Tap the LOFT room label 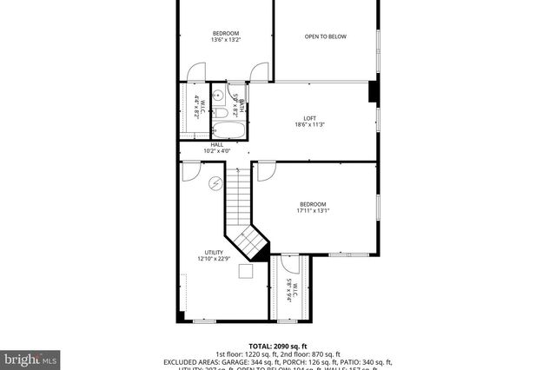(x=310, y=119)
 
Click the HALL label (x=216, y=144)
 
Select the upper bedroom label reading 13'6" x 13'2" (x=226, y=40)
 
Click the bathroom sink (x=219, y=96)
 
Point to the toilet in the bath (x=235, y=94)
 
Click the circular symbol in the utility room (x=215, y=183)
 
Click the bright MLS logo (x=30, y=357)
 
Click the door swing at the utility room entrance (x=190, y=173)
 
